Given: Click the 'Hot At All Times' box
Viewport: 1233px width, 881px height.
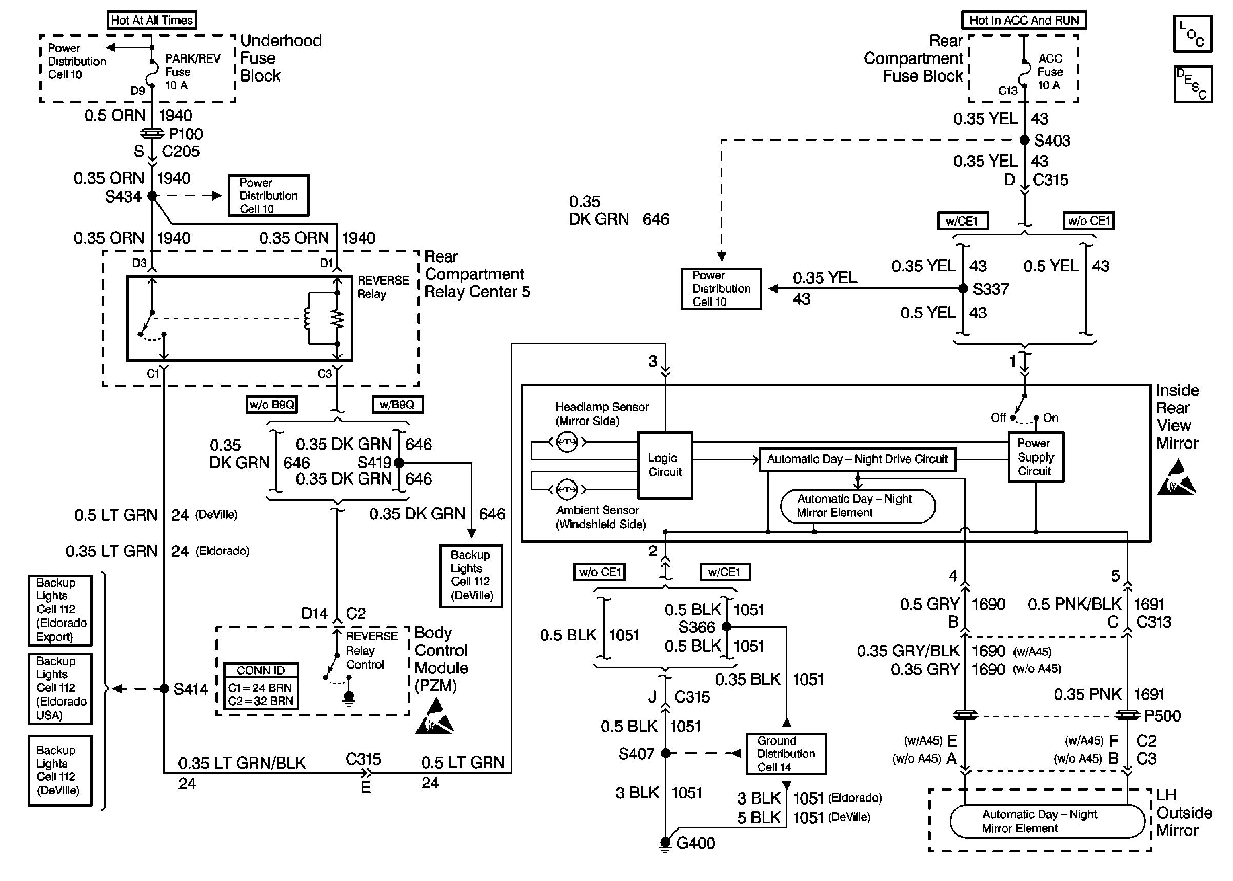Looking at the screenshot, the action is (152, 20).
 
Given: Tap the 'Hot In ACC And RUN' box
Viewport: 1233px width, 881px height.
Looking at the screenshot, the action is (1024, 20).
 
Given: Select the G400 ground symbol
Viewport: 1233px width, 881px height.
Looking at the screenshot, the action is (665, 844).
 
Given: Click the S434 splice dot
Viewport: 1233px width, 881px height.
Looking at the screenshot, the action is (152, 195).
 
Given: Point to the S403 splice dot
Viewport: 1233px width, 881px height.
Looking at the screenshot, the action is (1024, 140).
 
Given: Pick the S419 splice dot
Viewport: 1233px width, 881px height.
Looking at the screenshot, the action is (399, 463).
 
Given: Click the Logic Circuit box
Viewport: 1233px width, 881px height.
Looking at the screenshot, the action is (665, 465).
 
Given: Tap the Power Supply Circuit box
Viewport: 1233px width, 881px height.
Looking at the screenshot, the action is (1036, 456).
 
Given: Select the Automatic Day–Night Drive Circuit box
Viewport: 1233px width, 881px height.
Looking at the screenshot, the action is (857, 459).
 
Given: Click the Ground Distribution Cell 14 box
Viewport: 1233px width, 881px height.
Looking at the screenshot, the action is (786, 754).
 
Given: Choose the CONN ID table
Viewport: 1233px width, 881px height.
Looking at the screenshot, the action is (261, 686).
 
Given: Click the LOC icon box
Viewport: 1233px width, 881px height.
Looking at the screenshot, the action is (1192, 34).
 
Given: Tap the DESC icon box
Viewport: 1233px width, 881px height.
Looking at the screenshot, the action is (1192, 84).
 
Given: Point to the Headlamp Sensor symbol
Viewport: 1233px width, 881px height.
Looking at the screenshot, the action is (567, 442).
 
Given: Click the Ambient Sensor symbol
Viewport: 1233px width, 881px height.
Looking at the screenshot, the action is (567, 489).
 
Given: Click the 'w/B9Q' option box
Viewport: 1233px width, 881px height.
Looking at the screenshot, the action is (397, 404).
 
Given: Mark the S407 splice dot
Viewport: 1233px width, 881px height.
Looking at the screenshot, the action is (666, 753).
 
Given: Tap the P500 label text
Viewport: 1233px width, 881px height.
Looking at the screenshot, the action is (1162, 716).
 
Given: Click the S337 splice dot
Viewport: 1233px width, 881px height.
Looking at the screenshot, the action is (963, 289).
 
